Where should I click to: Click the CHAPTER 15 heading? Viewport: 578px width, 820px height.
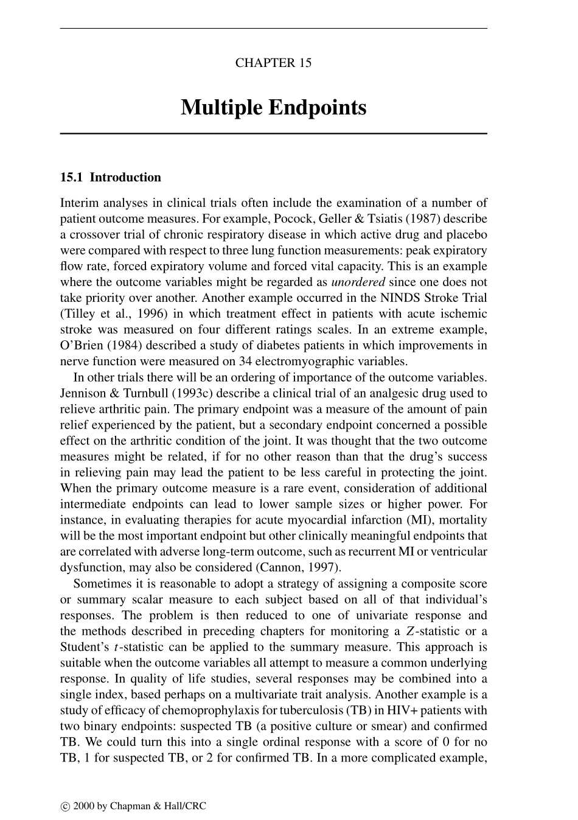pyautogui.click(x=273, y=63)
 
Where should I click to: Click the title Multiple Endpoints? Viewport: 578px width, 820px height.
pyautogui.click(x=273, y=108)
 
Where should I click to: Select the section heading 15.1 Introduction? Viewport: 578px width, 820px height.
pyautogui.click(x=110, y=178)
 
